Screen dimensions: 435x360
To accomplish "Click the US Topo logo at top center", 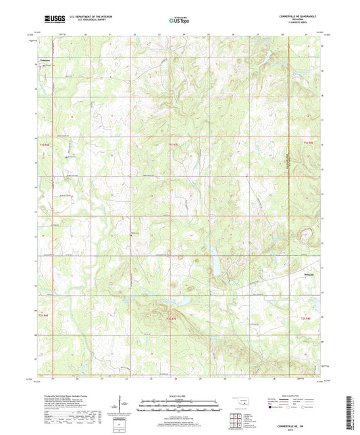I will click(x=178, y=21).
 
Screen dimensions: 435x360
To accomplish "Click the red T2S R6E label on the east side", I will click(x=307, y=317).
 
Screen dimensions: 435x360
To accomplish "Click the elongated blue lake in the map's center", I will click(x=215, y=260).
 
